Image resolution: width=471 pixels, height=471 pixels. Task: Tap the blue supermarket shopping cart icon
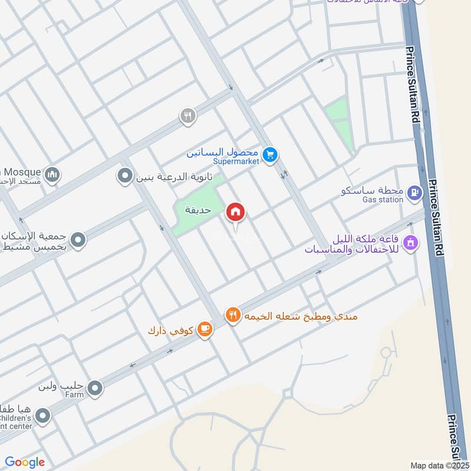coord(270,154)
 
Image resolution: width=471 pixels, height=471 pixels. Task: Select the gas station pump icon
coord(416,192)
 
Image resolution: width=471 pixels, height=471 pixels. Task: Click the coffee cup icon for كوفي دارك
coord(204,329)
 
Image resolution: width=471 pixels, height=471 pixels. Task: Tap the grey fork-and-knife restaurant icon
coord(187,116)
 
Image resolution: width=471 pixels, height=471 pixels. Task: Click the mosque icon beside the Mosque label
coord(52,174)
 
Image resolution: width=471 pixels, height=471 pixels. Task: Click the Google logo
coord(25,462)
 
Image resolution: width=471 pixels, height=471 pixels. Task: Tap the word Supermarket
coord(235,161)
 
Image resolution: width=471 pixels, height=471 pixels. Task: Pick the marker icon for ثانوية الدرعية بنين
coord(125,176)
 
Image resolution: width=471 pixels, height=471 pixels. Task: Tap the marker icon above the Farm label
coord(95,387)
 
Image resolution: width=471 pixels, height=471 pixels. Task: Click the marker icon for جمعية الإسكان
coord(78,240)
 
